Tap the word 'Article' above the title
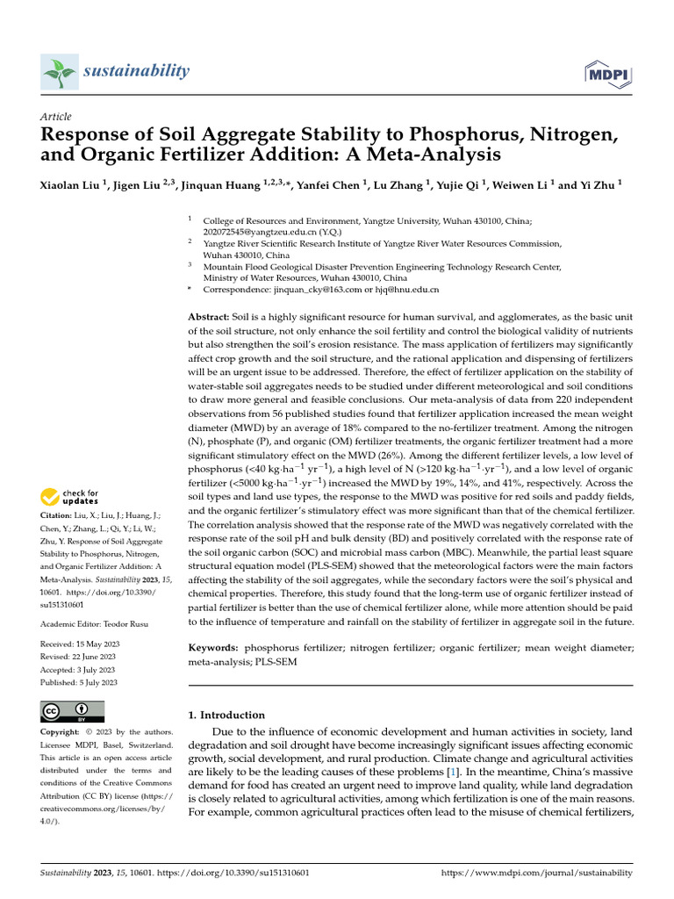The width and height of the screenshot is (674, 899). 56,117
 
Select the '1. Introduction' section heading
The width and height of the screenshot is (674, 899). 226,715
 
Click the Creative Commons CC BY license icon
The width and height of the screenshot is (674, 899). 73,710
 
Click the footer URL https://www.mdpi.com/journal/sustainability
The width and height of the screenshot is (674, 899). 535,873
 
